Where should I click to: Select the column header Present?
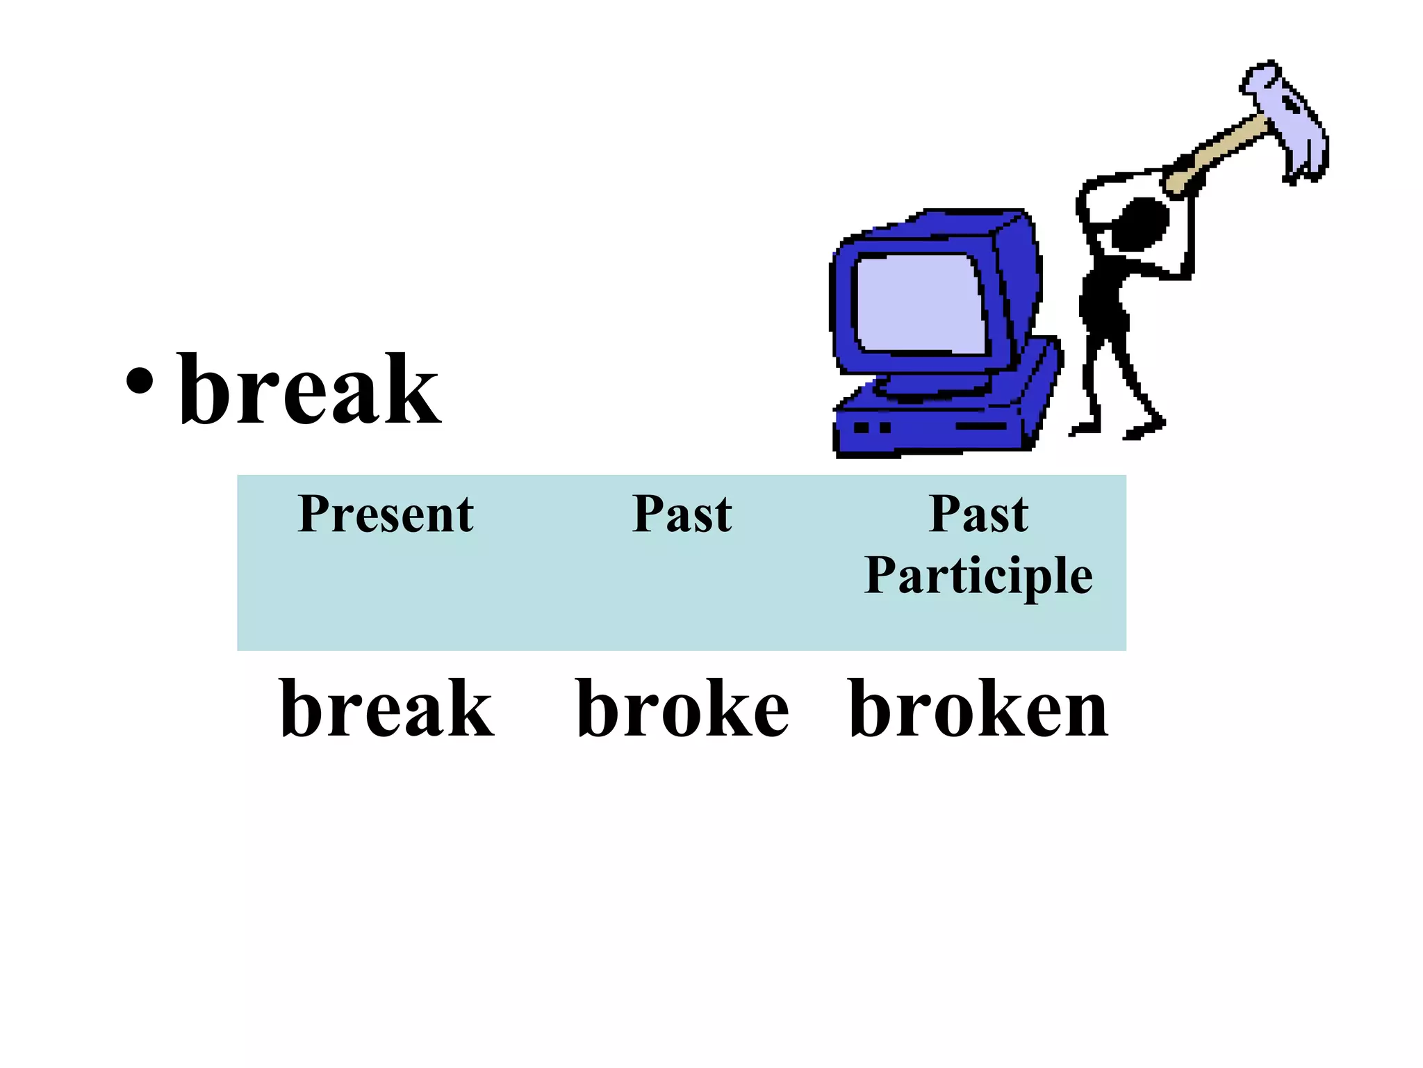386,515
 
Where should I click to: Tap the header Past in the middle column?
682,515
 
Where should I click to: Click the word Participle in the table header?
978,576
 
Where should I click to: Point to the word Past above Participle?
978,515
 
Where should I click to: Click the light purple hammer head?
1285,122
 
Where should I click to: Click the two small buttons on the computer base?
872,427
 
